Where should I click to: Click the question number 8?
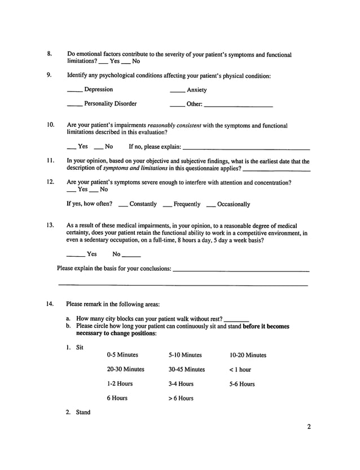pyautogui.click(x=50, y=55)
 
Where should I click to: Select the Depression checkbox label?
pyautogui.click(x=98, y=90)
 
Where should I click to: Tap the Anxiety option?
pyautogui.click(x=196, y=90)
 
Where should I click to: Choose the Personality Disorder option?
pyautogui.click(x=110, y=104)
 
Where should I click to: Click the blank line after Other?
pyautogui.click(x=238, y=105)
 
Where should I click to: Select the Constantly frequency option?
pyautogui.click(x=143, y=204)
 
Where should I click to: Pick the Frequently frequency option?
pyautogui.click(x=187, y=204)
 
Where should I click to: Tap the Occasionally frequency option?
pyautogui.click(x=233, y=204)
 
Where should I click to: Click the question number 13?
pyautogui.click(x=50, y=226)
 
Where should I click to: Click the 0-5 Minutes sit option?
pyautogui.click(x=122, y=355)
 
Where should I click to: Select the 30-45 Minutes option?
pyautogui.click(x=187, y=370)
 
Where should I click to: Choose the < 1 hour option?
pyautogui.click(x=240, y=370)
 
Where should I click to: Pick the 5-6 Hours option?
pyautogui.click(x=242, y=384)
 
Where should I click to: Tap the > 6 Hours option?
pyautogui.click(x=181, y=398)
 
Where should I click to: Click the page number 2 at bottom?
pyautogui.click(x=309, y=427)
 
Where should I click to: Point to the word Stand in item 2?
pyautogui.click(x=83, y=412)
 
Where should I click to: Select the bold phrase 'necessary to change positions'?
pyautogui.click(x=116, y=333)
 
